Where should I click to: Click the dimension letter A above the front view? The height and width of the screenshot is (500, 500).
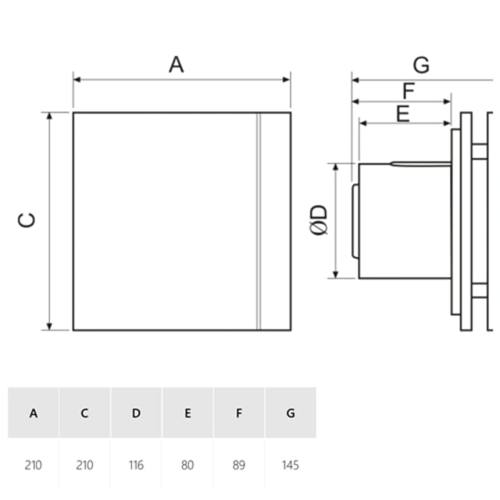coord(177,65)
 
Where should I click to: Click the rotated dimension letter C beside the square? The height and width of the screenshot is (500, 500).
coord(26,220)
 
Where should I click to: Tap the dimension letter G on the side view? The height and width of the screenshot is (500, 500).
coord(421,66)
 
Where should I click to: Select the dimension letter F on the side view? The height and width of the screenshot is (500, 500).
coord(409,91)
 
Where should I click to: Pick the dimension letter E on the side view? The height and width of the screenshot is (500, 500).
coord(403,113)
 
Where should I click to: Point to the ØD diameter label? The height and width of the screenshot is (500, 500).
coord(319,220)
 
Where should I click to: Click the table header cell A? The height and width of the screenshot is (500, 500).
coord(34,413)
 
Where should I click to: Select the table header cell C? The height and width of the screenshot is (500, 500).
coord(84,413)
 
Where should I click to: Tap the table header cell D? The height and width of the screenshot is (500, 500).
coord(136,413)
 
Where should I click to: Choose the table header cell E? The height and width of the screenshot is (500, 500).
coord(187,413)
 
